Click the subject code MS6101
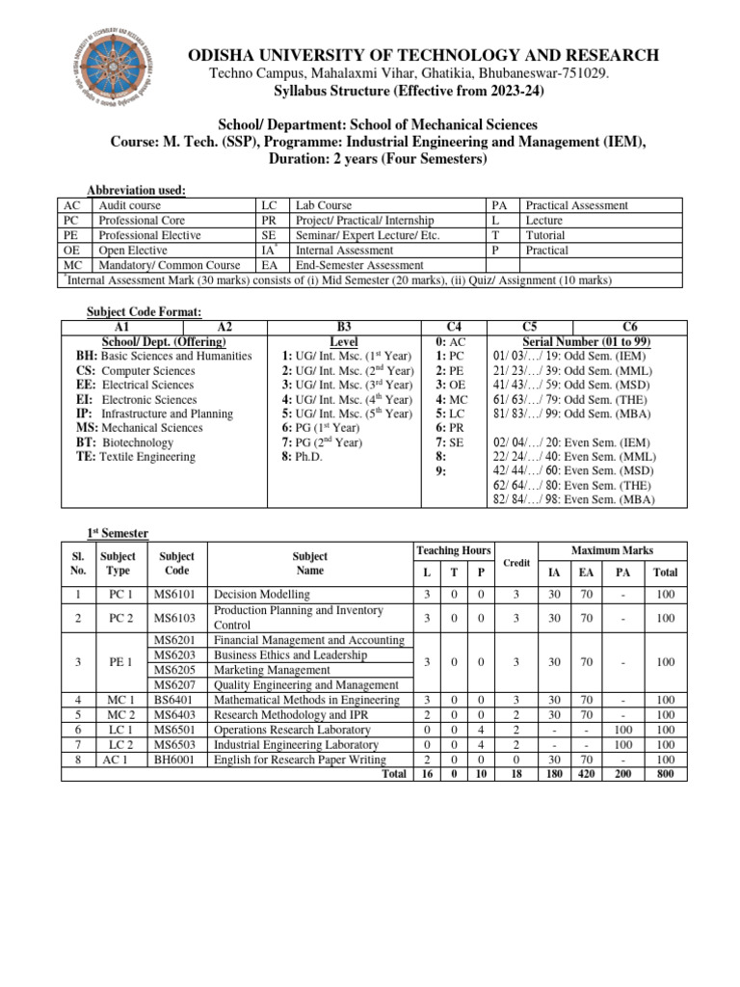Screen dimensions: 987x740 point(176,595)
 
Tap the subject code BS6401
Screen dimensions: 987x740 point(176,700)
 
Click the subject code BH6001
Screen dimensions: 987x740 point(176,760)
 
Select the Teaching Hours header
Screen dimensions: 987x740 point(453,549)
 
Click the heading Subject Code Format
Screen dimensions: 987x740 point(144,312)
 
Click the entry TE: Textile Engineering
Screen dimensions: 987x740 point(135,457)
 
